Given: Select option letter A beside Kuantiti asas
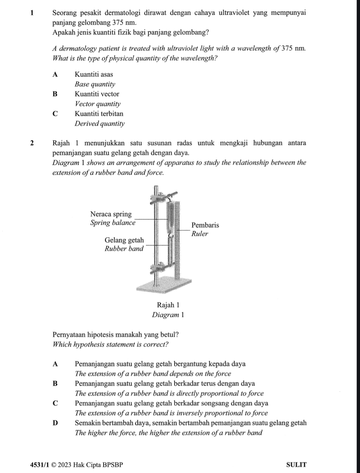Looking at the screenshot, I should click(x=56, y=74).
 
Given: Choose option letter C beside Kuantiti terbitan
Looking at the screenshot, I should click(x=56, y=113).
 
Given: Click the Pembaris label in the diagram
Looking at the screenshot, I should click(x=205, y=225).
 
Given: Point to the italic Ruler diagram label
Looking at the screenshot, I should click(x=200, y=233).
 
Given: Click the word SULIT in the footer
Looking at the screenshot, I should click(x=297, y=465).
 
